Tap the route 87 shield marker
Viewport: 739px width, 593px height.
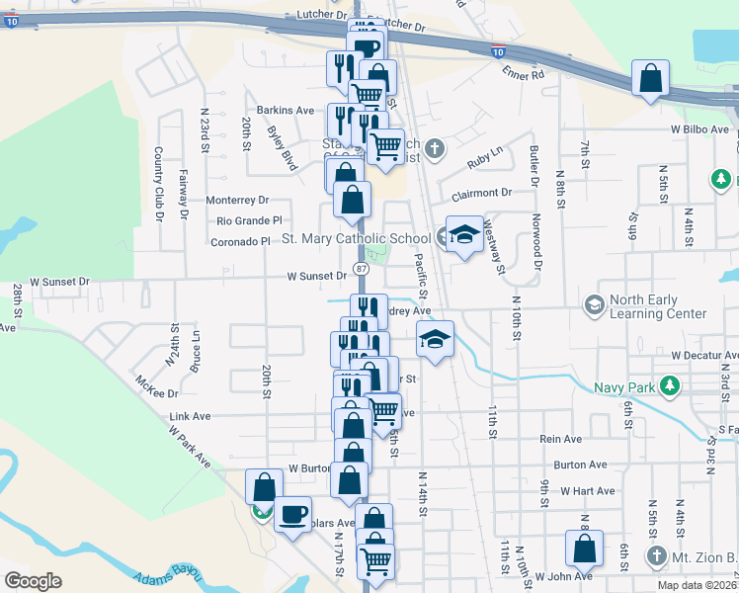tap(362, 268)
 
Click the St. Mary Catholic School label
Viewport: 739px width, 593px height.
tap(357, 238)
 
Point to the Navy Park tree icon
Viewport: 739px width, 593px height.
tap(670, 384)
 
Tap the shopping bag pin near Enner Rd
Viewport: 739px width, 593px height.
tap(651, 78)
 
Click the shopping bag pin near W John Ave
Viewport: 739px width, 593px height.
tap(584, 549)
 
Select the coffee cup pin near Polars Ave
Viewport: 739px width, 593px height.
tap(292, 514)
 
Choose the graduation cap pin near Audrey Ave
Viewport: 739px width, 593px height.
tap(435, 339)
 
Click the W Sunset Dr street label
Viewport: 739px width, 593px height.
tap(317, 277)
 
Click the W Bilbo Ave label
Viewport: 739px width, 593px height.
tap(698, 129)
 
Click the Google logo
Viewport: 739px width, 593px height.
tap(33, 580)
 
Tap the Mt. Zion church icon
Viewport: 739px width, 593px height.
tap(657, 555)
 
